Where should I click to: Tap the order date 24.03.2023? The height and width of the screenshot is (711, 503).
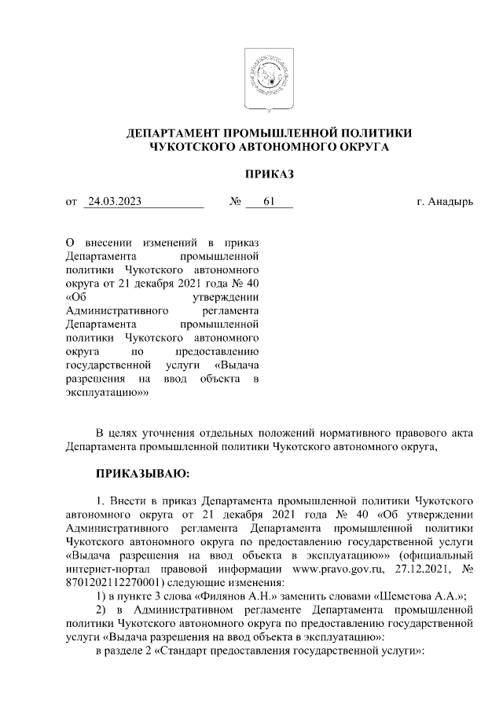tap(115, 202)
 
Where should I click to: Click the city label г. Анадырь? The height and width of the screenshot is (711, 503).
tap(445, 202)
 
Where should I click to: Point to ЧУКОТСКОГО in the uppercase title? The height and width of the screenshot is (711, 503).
tap(192, 146)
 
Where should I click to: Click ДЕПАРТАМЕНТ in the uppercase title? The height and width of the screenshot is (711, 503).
tap(174, 133)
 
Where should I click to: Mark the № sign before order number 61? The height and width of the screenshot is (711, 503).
tap(234, 202)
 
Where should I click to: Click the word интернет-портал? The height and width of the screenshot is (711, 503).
tap(107, 569)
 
